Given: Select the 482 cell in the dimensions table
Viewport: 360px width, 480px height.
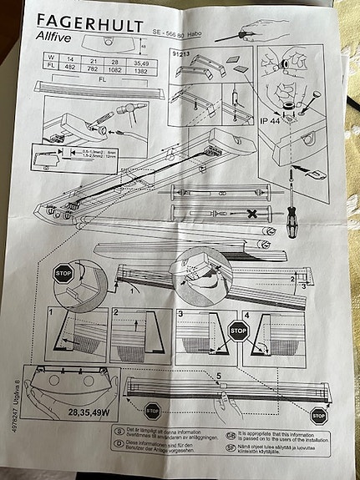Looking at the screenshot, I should click(72, 67).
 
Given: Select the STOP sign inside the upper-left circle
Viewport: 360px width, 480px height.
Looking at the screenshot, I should click(63, 273).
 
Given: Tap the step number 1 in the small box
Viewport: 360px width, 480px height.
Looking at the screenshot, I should click(51, 312).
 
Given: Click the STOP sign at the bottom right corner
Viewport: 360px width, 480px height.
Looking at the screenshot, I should click(318, 414).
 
